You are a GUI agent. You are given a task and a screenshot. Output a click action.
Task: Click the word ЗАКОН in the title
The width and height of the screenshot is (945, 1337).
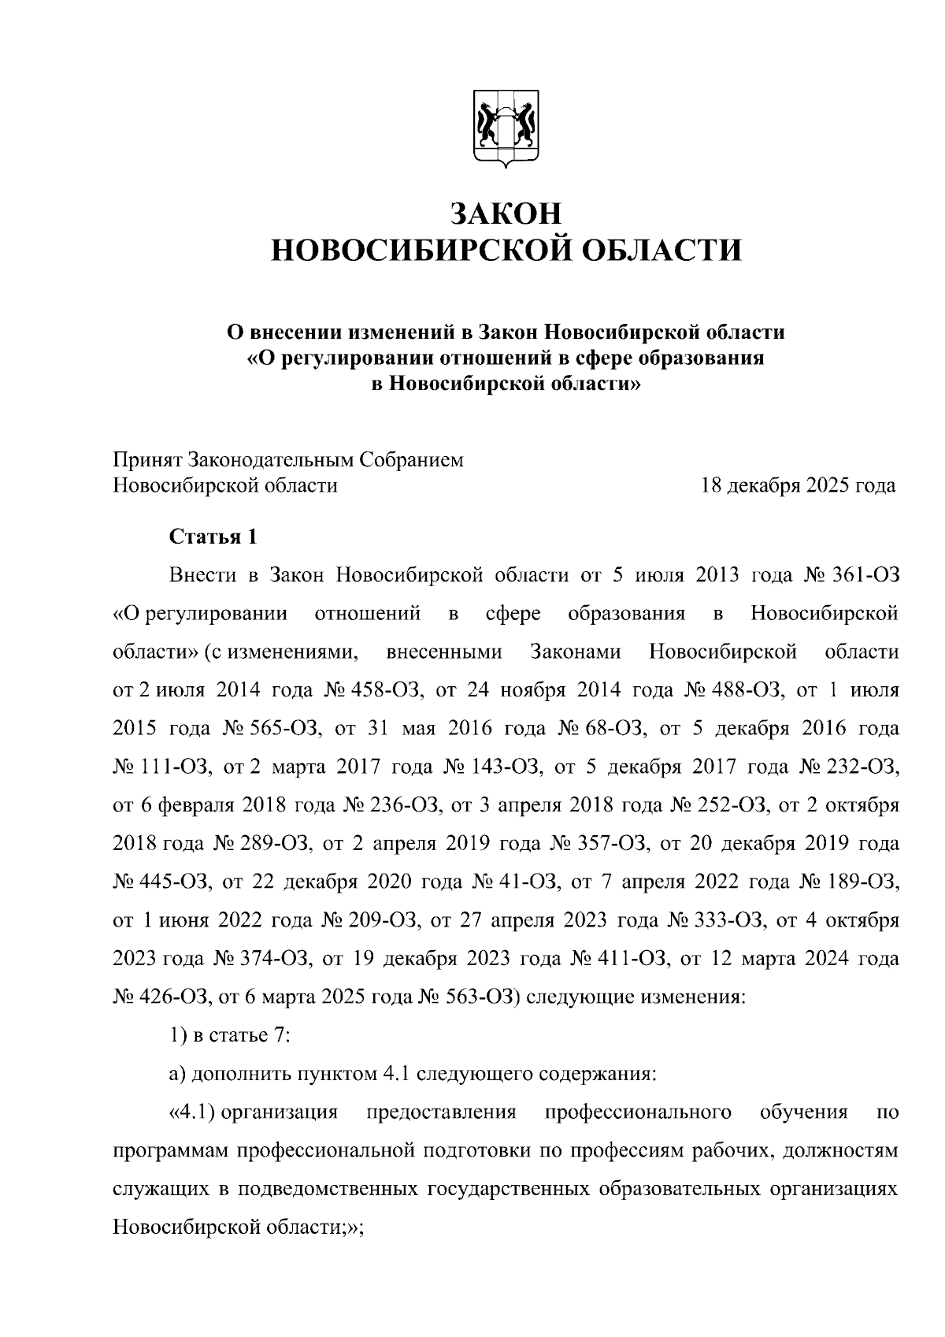pos(506,214)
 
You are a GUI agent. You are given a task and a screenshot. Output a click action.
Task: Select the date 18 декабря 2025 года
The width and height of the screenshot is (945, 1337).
pos(799,485)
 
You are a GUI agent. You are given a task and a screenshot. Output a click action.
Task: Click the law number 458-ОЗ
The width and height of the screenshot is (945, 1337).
pos(391,691)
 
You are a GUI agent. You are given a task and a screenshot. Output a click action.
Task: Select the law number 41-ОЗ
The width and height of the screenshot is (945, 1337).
pos(527,882)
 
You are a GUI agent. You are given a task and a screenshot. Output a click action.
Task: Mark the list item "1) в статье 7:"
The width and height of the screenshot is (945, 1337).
pos(231,1035)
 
